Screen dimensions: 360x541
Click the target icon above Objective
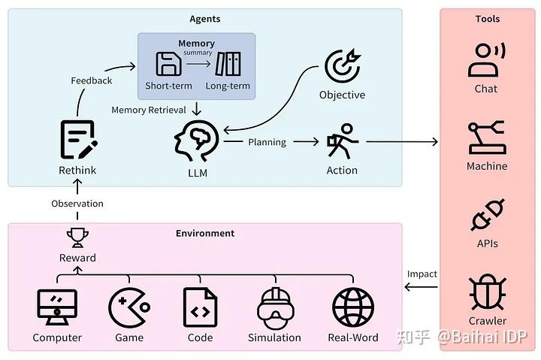tap(342, 67)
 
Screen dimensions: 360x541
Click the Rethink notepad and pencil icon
tap(77, 140)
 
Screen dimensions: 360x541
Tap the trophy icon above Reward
tap(77, 237)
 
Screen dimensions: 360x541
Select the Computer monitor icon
tap(57, 307)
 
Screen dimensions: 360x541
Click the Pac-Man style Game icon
tap(128, 307)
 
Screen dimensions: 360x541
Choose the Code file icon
tap(200, 307)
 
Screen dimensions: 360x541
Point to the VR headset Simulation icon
tap(274, 307)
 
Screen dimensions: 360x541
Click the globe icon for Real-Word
tap(353, 307)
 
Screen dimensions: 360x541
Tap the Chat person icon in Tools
tap(486, 60)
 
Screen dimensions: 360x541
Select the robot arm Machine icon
tap(486, 138)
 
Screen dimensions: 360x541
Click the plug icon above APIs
tap(487, 216)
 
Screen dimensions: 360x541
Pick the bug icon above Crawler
tap(487, 292)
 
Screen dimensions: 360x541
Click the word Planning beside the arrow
tap(267, 141)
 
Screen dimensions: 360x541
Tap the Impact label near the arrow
tap(422, 274)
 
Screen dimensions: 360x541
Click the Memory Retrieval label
tap(149, 110)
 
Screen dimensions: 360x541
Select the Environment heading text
tap(205, 233)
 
